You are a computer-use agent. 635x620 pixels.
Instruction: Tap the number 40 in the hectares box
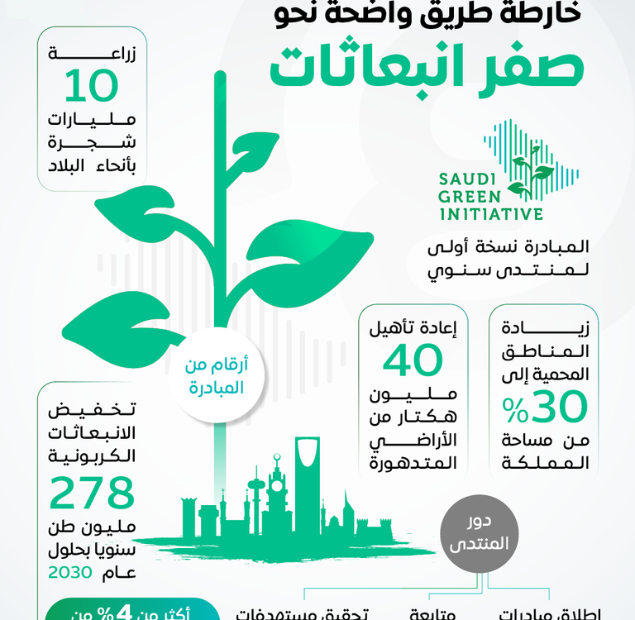point(413,361)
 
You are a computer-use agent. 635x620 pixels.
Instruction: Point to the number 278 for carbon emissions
point(92,494)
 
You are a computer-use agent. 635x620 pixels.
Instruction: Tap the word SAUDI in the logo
point(467,179)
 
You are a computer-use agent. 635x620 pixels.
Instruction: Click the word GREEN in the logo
point(470,197)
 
